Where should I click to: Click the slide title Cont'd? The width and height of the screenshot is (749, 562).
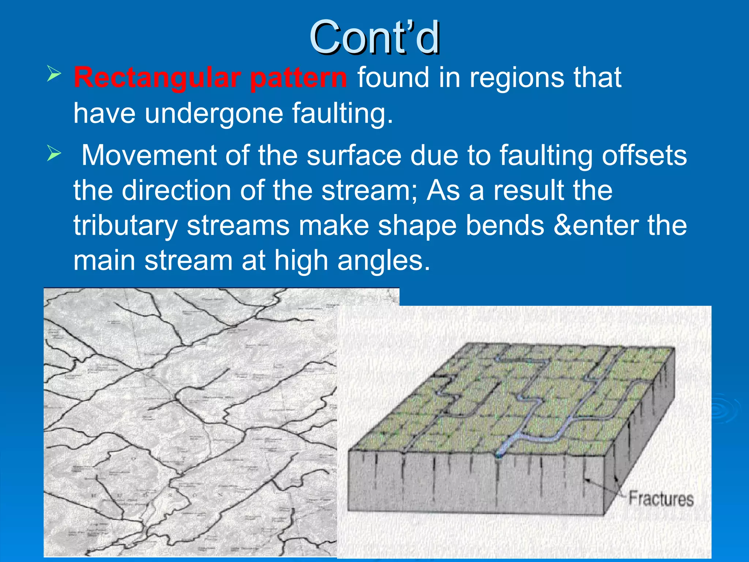(x=374, y=37)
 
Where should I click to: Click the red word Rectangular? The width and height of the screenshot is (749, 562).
(x=157, y=78)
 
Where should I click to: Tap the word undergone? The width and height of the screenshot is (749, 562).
(x=214, y=113)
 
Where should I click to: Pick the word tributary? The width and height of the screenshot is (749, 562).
(x=125, y=226)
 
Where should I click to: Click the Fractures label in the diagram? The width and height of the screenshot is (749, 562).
(x=661, y=499)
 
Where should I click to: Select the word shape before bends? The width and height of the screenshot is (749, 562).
(x=417, y=226)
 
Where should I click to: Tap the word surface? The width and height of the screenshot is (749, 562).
(x=354, y=155)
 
